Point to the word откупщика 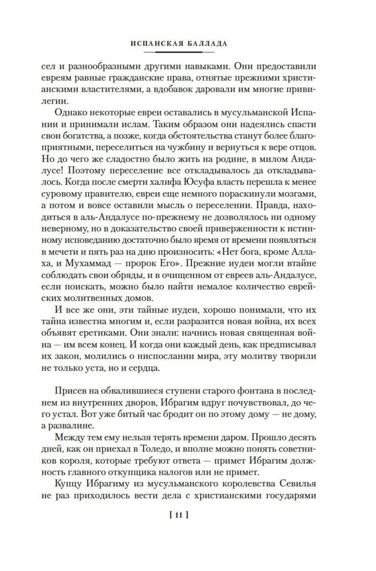151,469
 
